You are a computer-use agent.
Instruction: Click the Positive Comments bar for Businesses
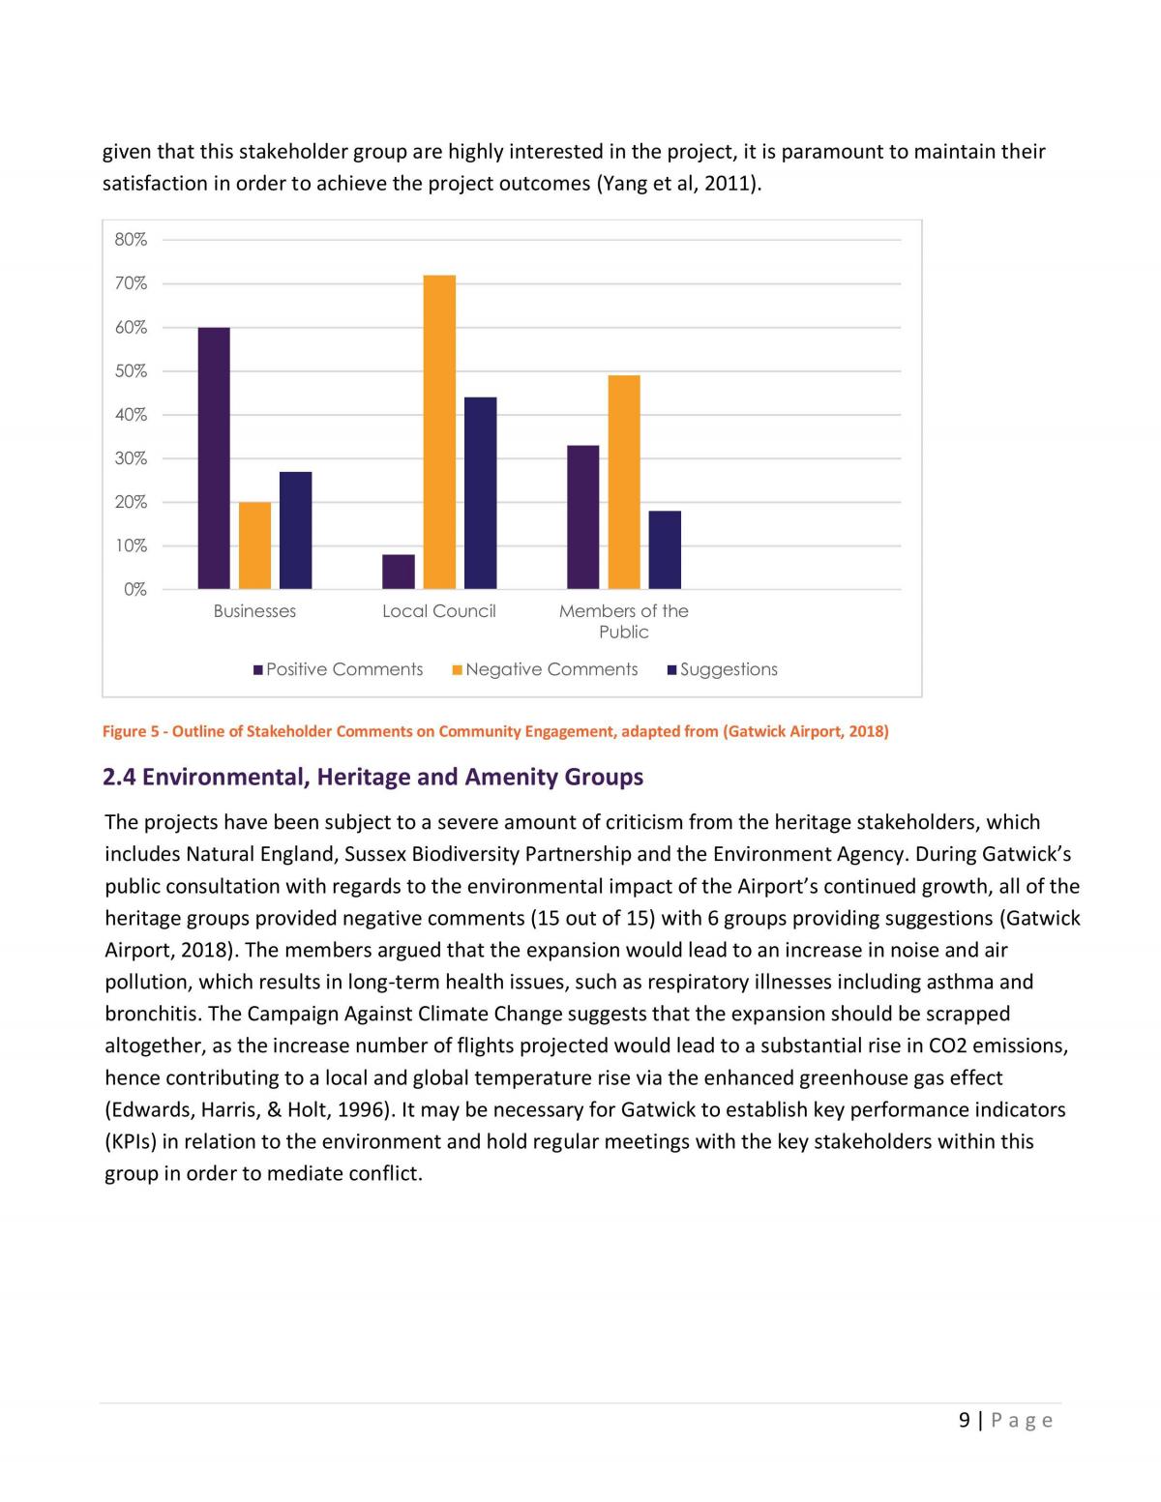point(214,458)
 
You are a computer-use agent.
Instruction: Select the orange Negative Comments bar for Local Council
point(439,432)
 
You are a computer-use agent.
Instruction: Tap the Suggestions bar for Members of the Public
point(665,550)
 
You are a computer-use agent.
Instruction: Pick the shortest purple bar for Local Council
point(399,572)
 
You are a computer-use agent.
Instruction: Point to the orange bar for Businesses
point(254,545)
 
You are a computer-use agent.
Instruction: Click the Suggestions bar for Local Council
point(480,493)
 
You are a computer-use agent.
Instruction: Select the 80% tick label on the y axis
point(131,240)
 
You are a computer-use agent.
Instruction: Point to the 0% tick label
point(135,590)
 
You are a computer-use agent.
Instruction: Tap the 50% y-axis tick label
point(131,371)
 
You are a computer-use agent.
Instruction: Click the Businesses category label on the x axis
point(254,611)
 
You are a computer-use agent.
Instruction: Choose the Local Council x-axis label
point(439,611)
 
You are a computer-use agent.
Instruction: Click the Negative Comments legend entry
point(545,669)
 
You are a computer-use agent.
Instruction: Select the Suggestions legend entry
point(723,669)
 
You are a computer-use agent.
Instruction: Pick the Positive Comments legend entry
point(338,669)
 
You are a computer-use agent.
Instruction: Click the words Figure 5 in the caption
point(131,731)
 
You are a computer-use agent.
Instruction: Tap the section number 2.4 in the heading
point(119,777)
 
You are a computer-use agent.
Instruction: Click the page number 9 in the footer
point(965,1420)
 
